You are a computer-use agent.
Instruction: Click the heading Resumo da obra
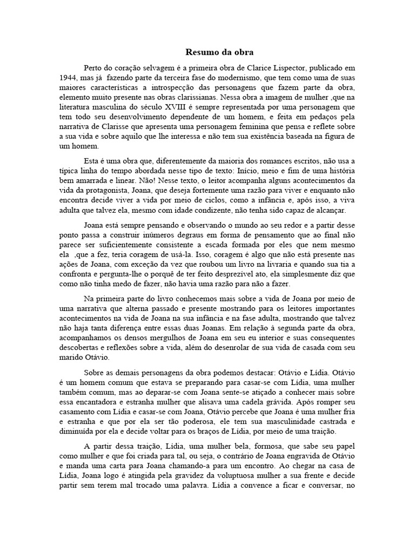[x=219, y=52]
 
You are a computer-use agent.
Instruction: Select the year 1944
[x=71, y=78]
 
